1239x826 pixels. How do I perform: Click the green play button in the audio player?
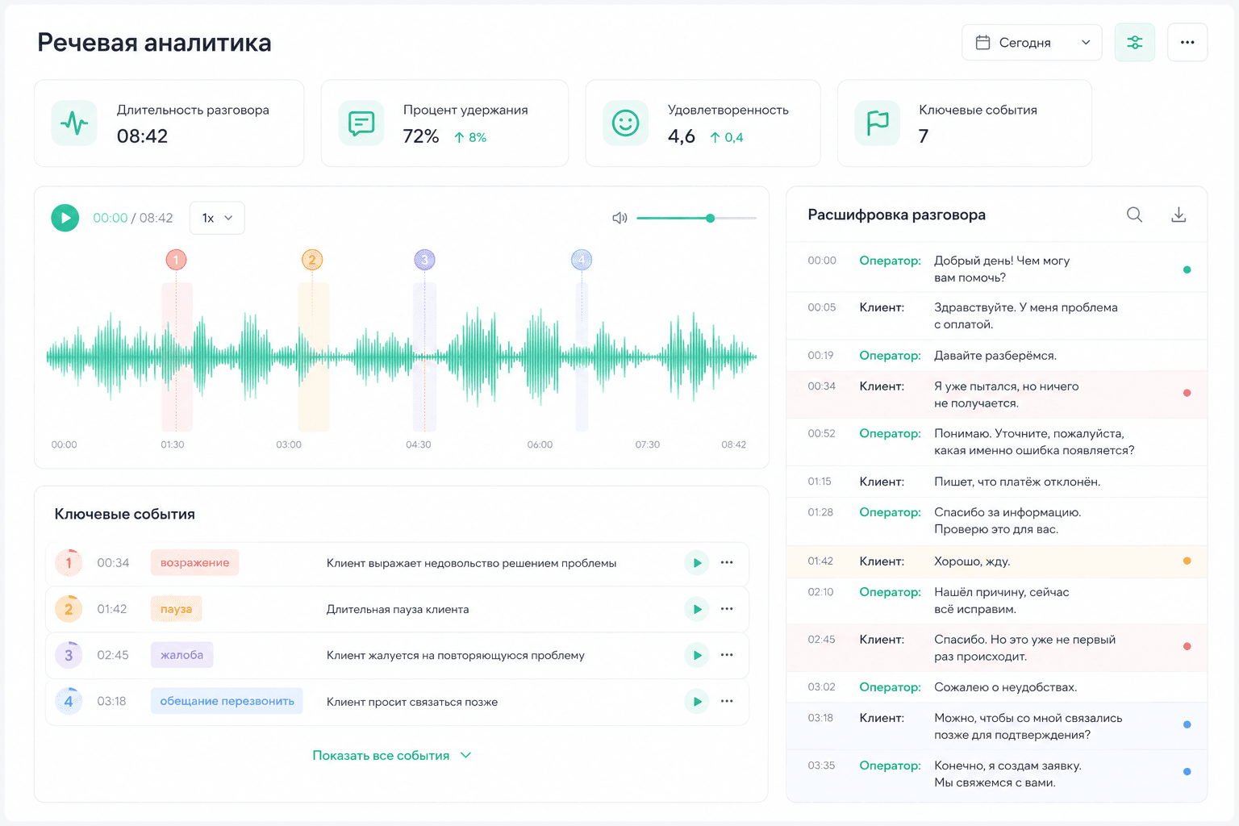pyautogui.click(x=65, y=218)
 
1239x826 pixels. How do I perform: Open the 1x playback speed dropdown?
pyautogui.click(x=217, y=218)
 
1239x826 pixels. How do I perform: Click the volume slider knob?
pyautogui.click(x=710, y=218)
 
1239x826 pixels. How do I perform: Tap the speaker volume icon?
pyautogui.click(x=619, y=218)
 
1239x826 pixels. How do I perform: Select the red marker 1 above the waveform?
pyautogui.click(x=176, y=260)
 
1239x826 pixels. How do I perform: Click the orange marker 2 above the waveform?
pyautogui.click(x=312, y=260)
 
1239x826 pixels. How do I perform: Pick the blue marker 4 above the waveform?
pyautogui.click(x=582, y=260)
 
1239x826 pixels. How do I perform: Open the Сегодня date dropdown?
pyautogui.click(x=1032, y=43)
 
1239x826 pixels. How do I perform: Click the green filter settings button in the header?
pyautogui.click(x=1134, y=43)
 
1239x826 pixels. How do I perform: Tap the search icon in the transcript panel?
pyautogui.click(x=1134, y=215)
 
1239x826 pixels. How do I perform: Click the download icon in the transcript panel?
pyautogui.click(x=1179, y=215)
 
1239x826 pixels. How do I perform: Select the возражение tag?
pyautogui.click(x=194, y=563)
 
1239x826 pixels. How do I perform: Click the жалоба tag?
pyautogui.click(x=182, y=655)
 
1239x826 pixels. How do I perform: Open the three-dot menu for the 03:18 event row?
pyautogui.click(x=727, y=701)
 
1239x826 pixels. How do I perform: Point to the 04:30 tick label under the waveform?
pyautogui.click(x=418, y=444)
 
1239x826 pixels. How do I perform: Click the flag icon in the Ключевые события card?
pyautogui.click(x=878, y=123)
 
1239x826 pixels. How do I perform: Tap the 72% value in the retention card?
pyautogui.click(x=421, y=136)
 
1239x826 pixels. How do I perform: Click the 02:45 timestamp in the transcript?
pyautogui.click(x=821, y=640)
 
